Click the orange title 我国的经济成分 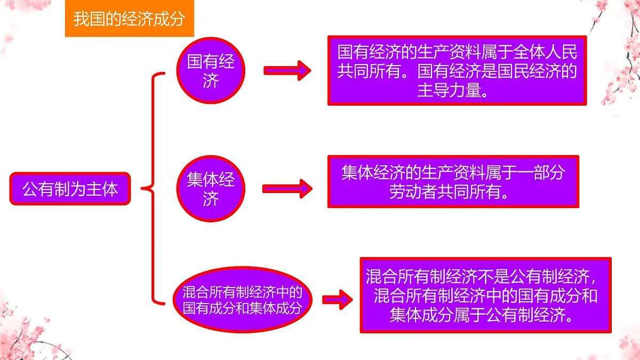(129, 20)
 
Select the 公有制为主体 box (70, 189)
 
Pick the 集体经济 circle (211, 188)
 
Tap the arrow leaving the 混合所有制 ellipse (337, 300)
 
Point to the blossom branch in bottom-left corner (27, 331)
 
